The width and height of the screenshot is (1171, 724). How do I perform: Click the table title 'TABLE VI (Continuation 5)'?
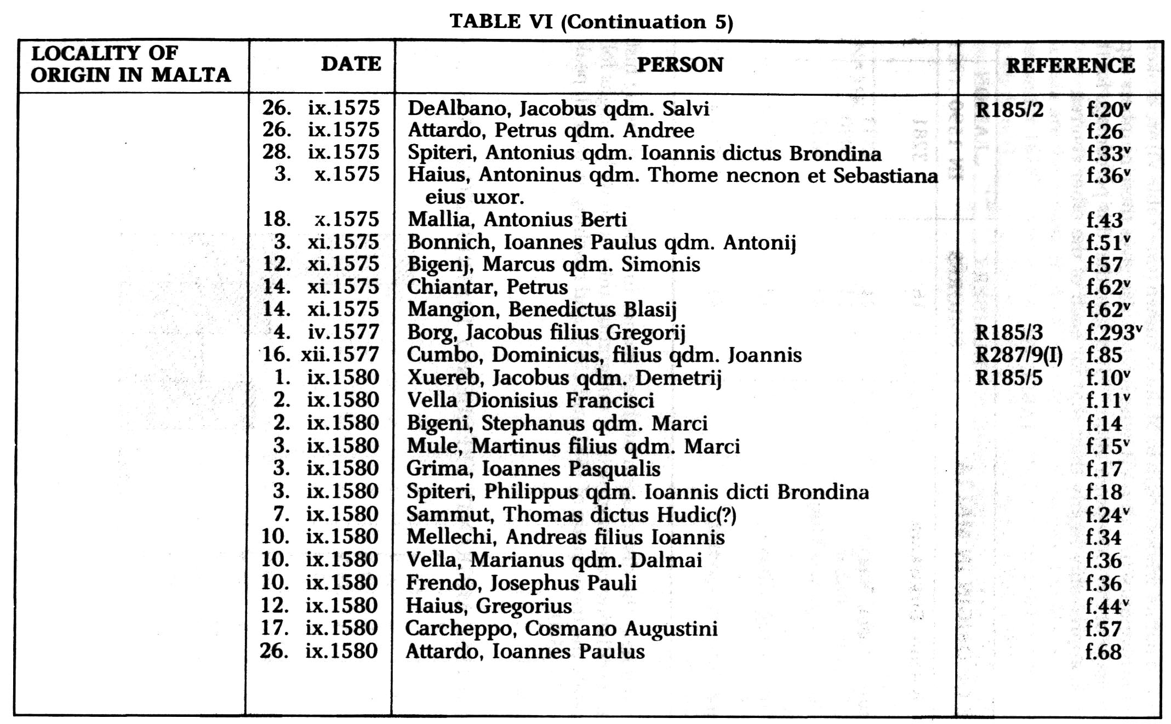pos(591,22)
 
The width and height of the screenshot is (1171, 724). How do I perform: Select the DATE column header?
pos(351,64)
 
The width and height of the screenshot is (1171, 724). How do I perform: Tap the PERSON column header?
pos(679,65)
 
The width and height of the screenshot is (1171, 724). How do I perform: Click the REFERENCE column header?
pos(1070,66)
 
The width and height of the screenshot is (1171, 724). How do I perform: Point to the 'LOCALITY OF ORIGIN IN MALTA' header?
pos(130,64)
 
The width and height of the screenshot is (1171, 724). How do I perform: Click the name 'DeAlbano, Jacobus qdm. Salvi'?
pos(558,109)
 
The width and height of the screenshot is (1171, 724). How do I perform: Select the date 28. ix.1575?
pos(321,152)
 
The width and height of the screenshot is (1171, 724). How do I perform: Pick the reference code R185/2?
pos(1009,110)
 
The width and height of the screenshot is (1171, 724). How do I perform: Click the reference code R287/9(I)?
pos(1019,355)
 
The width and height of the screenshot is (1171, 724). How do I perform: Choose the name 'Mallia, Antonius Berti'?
pos(517,219)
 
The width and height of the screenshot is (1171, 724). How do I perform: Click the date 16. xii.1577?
pos(321,355)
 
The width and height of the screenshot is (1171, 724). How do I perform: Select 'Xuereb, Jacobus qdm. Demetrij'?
pos(564,378)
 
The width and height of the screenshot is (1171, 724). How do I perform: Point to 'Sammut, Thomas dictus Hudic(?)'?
pos(571,515)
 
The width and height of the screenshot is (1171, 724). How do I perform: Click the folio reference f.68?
pos(1103,652)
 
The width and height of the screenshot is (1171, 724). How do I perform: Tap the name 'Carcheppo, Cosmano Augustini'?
pos(561,629)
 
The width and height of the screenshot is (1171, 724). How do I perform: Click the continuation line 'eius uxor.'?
pos(475,197)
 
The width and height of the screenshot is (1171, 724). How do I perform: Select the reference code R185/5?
pos(1009,378)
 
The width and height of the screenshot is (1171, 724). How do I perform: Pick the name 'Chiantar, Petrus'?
pos(487,287)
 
